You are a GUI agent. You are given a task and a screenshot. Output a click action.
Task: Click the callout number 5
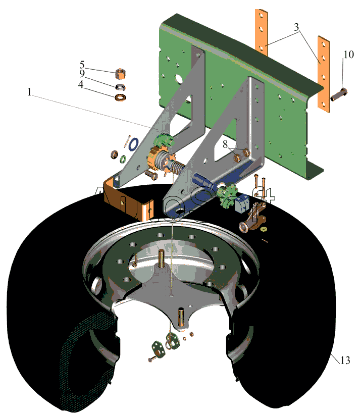(82, 66)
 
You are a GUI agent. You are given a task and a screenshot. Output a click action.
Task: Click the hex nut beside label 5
(121, 74)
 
